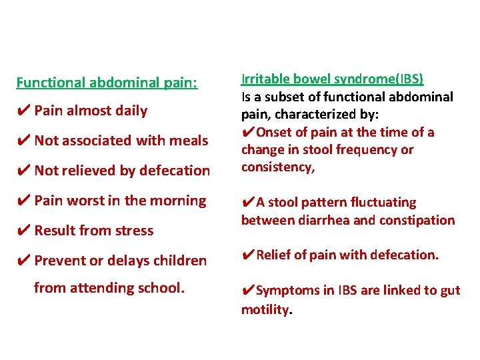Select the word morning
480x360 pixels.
click(181, 201)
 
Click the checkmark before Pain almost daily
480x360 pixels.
click(23, 111)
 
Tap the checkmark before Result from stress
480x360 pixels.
click(23, 231)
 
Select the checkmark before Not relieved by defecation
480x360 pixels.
click(23, 171)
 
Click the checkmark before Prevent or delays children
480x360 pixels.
click(23, 261)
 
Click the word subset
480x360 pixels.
click(291, 97)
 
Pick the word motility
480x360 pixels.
click(266, 309)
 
